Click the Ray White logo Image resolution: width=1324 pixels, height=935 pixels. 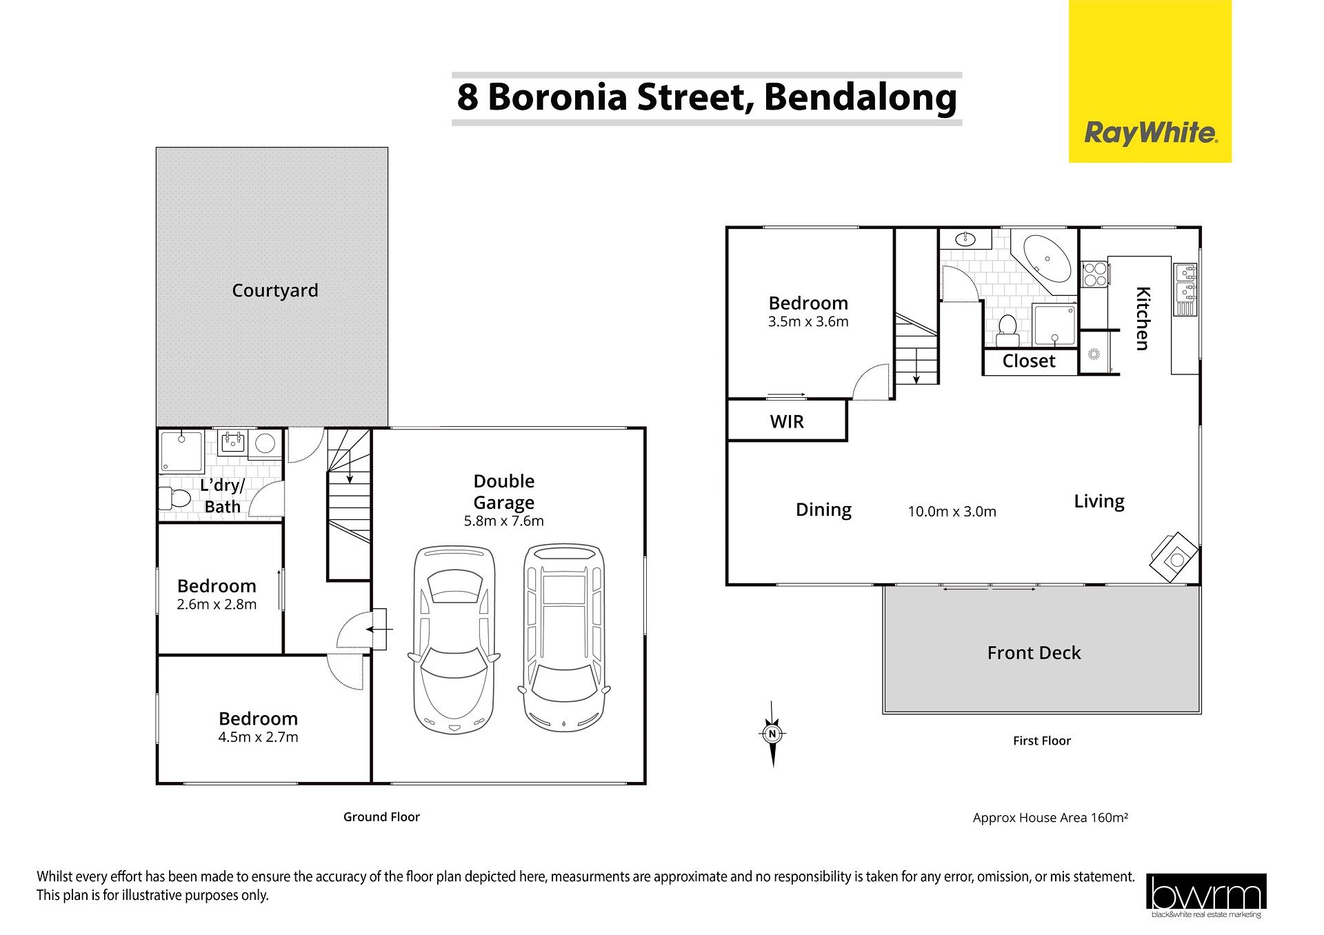point(1150,81)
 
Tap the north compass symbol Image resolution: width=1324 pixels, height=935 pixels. point(772,734)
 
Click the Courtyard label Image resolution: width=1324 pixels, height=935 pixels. point(275,290)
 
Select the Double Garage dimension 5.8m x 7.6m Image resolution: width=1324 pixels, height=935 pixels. point(503,521)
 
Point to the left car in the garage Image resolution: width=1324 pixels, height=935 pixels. point(454,639)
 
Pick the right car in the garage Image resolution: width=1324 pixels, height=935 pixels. point(564,638)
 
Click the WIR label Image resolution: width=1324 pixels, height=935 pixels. point(787,421)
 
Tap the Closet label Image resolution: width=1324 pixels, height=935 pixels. point(1029,361)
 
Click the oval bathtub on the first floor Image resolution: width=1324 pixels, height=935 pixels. point(1046,259)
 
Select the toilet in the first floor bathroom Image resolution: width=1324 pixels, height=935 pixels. point(1007,330)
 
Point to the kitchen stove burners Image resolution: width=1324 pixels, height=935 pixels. point(1094,274)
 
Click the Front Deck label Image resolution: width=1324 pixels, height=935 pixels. point(1034,653)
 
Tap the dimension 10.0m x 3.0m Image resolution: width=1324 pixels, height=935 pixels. point(952,512)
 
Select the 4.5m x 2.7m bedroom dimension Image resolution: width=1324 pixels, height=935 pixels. point(258,737)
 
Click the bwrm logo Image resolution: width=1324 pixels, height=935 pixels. point(1206,896)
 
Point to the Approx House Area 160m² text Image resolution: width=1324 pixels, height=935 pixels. point(1050,818)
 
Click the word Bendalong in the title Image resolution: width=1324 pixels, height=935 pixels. point(861,97)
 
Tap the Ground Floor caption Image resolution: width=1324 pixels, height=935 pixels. point(381,817)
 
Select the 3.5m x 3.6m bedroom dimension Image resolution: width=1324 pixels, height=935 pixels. point(808,321)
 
